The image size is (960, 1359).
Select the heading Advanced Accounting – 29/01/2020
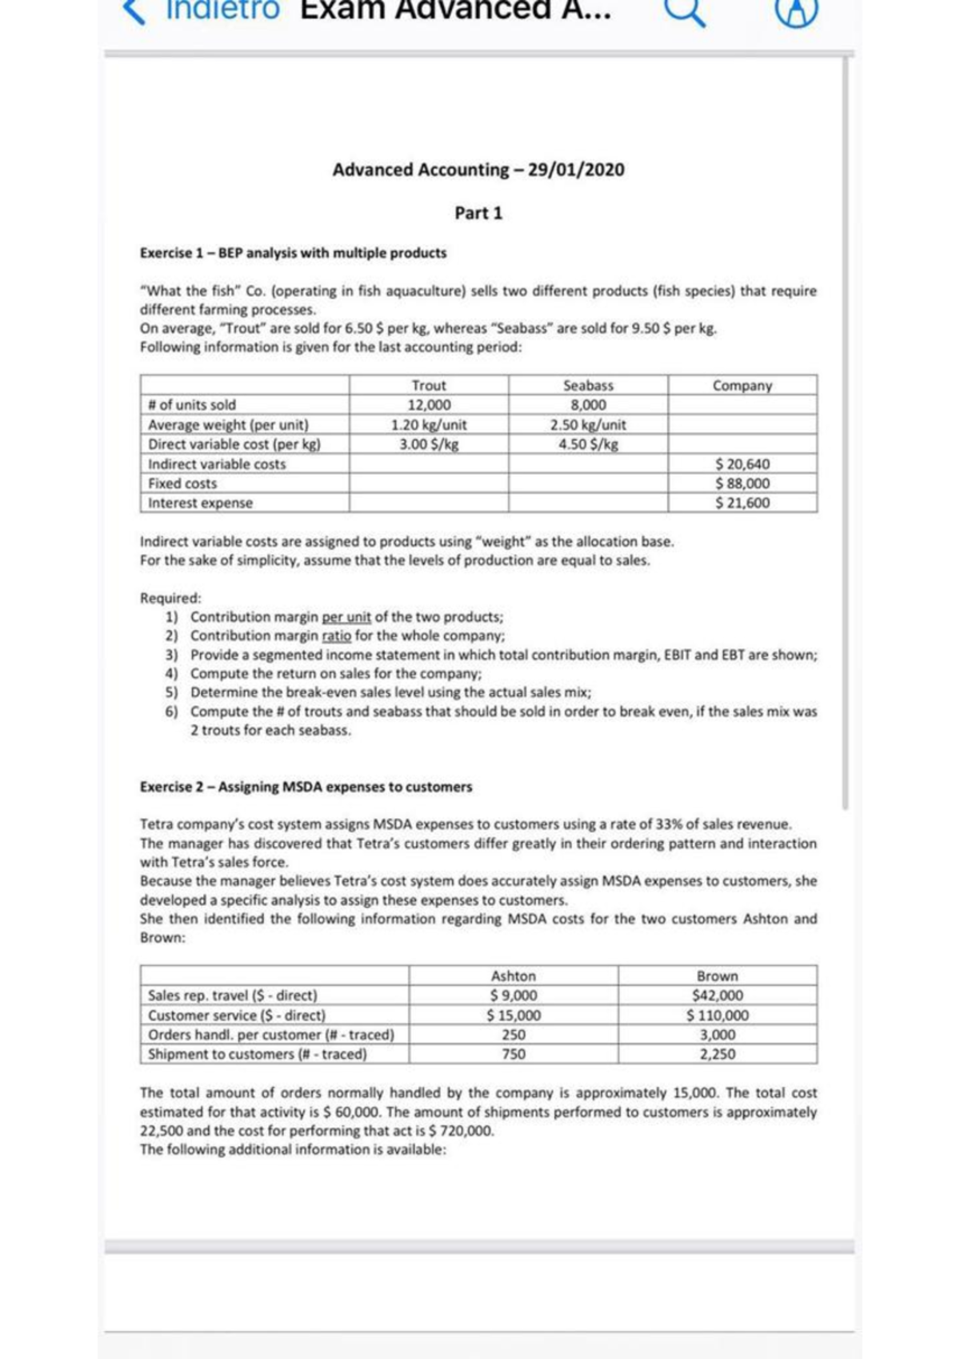tap(478, 170)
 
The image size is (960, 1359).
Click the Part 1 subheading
tap(478, 213)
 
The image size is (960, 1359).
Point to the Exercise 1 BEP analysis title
tap(293, 253)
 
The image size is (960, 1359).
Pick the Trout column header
tap(429, 386)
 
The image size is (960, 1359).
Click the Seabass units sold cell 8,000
tap(588, 405)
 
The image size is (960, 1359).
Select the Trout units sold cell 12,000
tap(429, 405)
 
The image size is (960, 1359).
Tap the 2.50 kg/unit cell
tap(588, 425)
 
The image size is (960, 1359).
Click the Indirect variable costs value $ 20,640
tap(742, 464)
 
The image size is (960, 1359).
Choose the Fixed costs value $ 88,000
tap(742, 483)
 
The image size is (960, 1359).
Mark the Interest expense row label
tap(200, 503)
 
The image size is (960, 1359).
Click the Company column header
tap(742, 386)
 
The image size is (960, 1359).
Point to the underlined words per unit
tap(346, 617)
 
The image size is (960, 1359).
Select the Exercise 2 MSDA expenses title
tap(306, 787)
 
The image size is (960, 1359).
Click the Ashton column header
tap(514, 976)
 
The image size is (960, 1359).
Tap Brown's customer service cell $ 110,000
tap(718, 1016)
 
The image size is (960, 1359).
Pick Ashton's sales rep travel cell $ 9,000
tap(514, 996)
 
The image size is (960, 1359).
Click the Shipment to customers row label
tap(258, 1054)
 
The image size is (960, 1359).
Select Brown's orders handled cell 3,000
tap(718, 1035)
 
